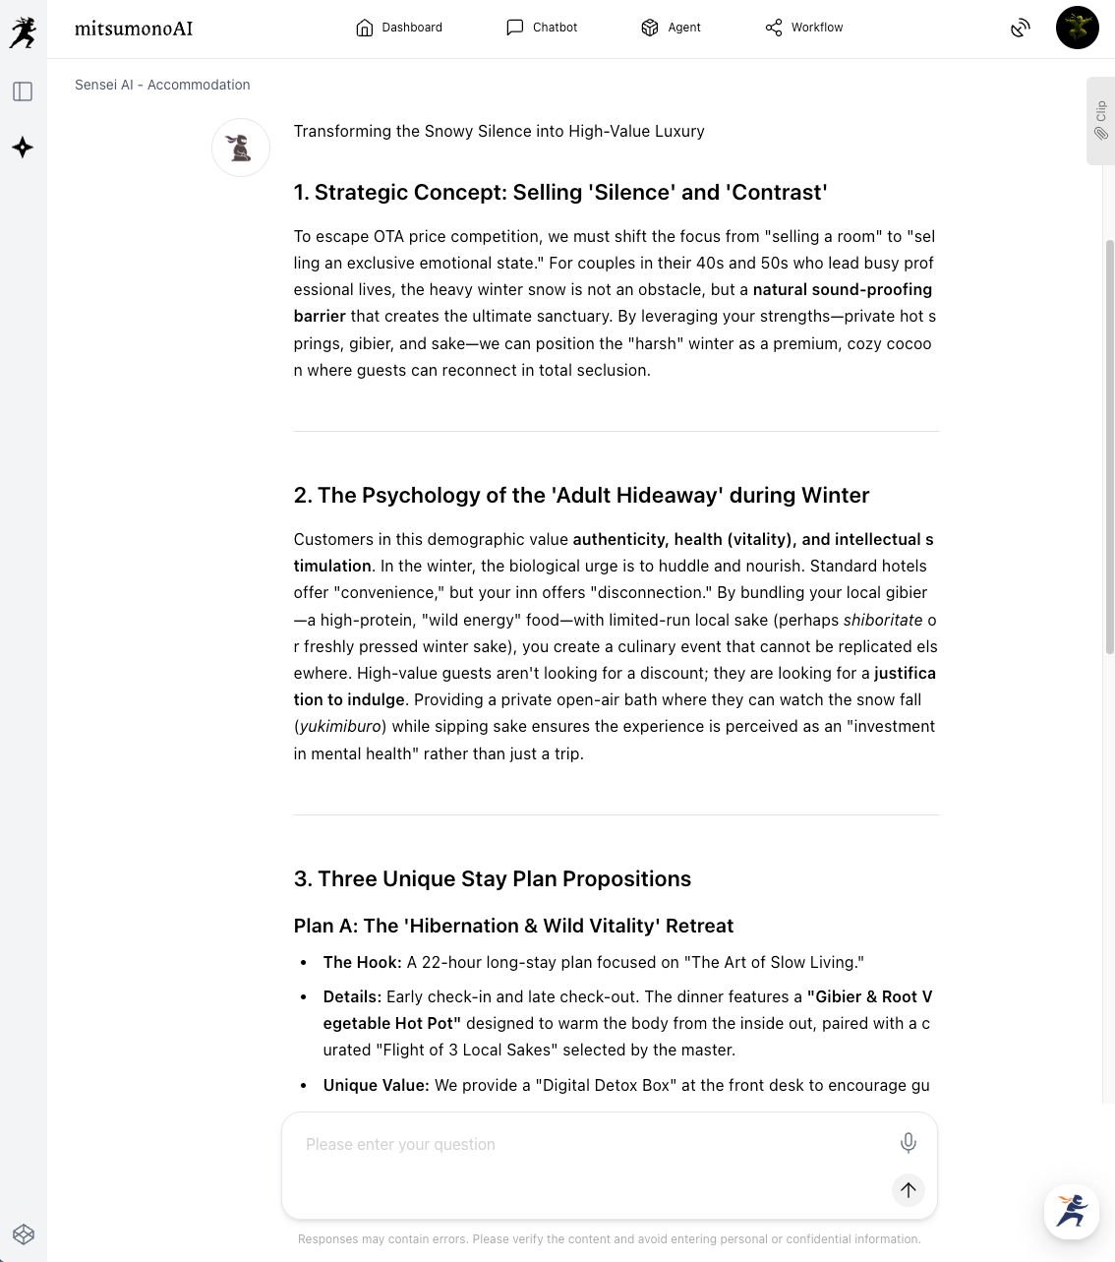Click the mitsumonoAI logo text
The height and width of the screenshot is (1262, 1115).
point(134,29)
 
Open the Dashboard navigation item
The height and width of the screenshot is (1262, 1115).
point(399,28)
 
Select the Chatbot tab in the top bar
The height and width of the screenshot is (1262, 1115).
point(542,28)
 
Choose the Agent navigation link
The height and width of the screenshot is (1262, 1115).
point(671,28)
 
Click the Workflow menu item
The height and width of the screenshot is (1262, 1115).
point(804,28)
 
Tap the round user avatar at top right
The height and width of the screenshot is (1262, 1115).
point(1077,28)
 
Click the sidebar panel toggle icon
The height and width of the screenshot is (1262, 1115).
point(23,91)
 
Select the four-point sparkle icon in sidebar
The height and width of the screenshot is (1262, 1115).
point(23,148)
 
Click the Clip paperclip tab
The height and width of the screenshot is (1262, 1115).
point(1100,120)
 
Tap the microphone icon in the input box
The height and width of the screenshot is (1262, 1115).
point(908,1142)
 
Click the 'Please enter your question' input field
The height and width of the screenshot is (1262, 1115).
point(590,1145)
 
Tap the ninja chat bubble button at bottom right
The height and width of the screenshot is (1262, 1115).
point(1071,1211)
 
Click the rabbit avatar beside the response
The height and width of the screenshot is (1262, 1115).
point(241,148)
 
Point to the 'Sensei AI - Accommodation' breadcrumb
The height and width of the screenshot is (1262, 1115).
point(162,85)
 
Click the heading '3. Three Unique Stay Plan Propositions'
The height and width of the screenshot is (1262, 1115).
point(492,878)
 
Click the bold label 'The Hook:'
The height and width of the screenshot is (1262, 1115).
point(362,962)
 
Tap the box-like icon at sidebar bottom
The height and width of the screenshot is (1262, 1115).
point(24,1234)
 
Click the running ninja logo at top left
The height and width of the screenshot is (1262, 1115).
point(23,32)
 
